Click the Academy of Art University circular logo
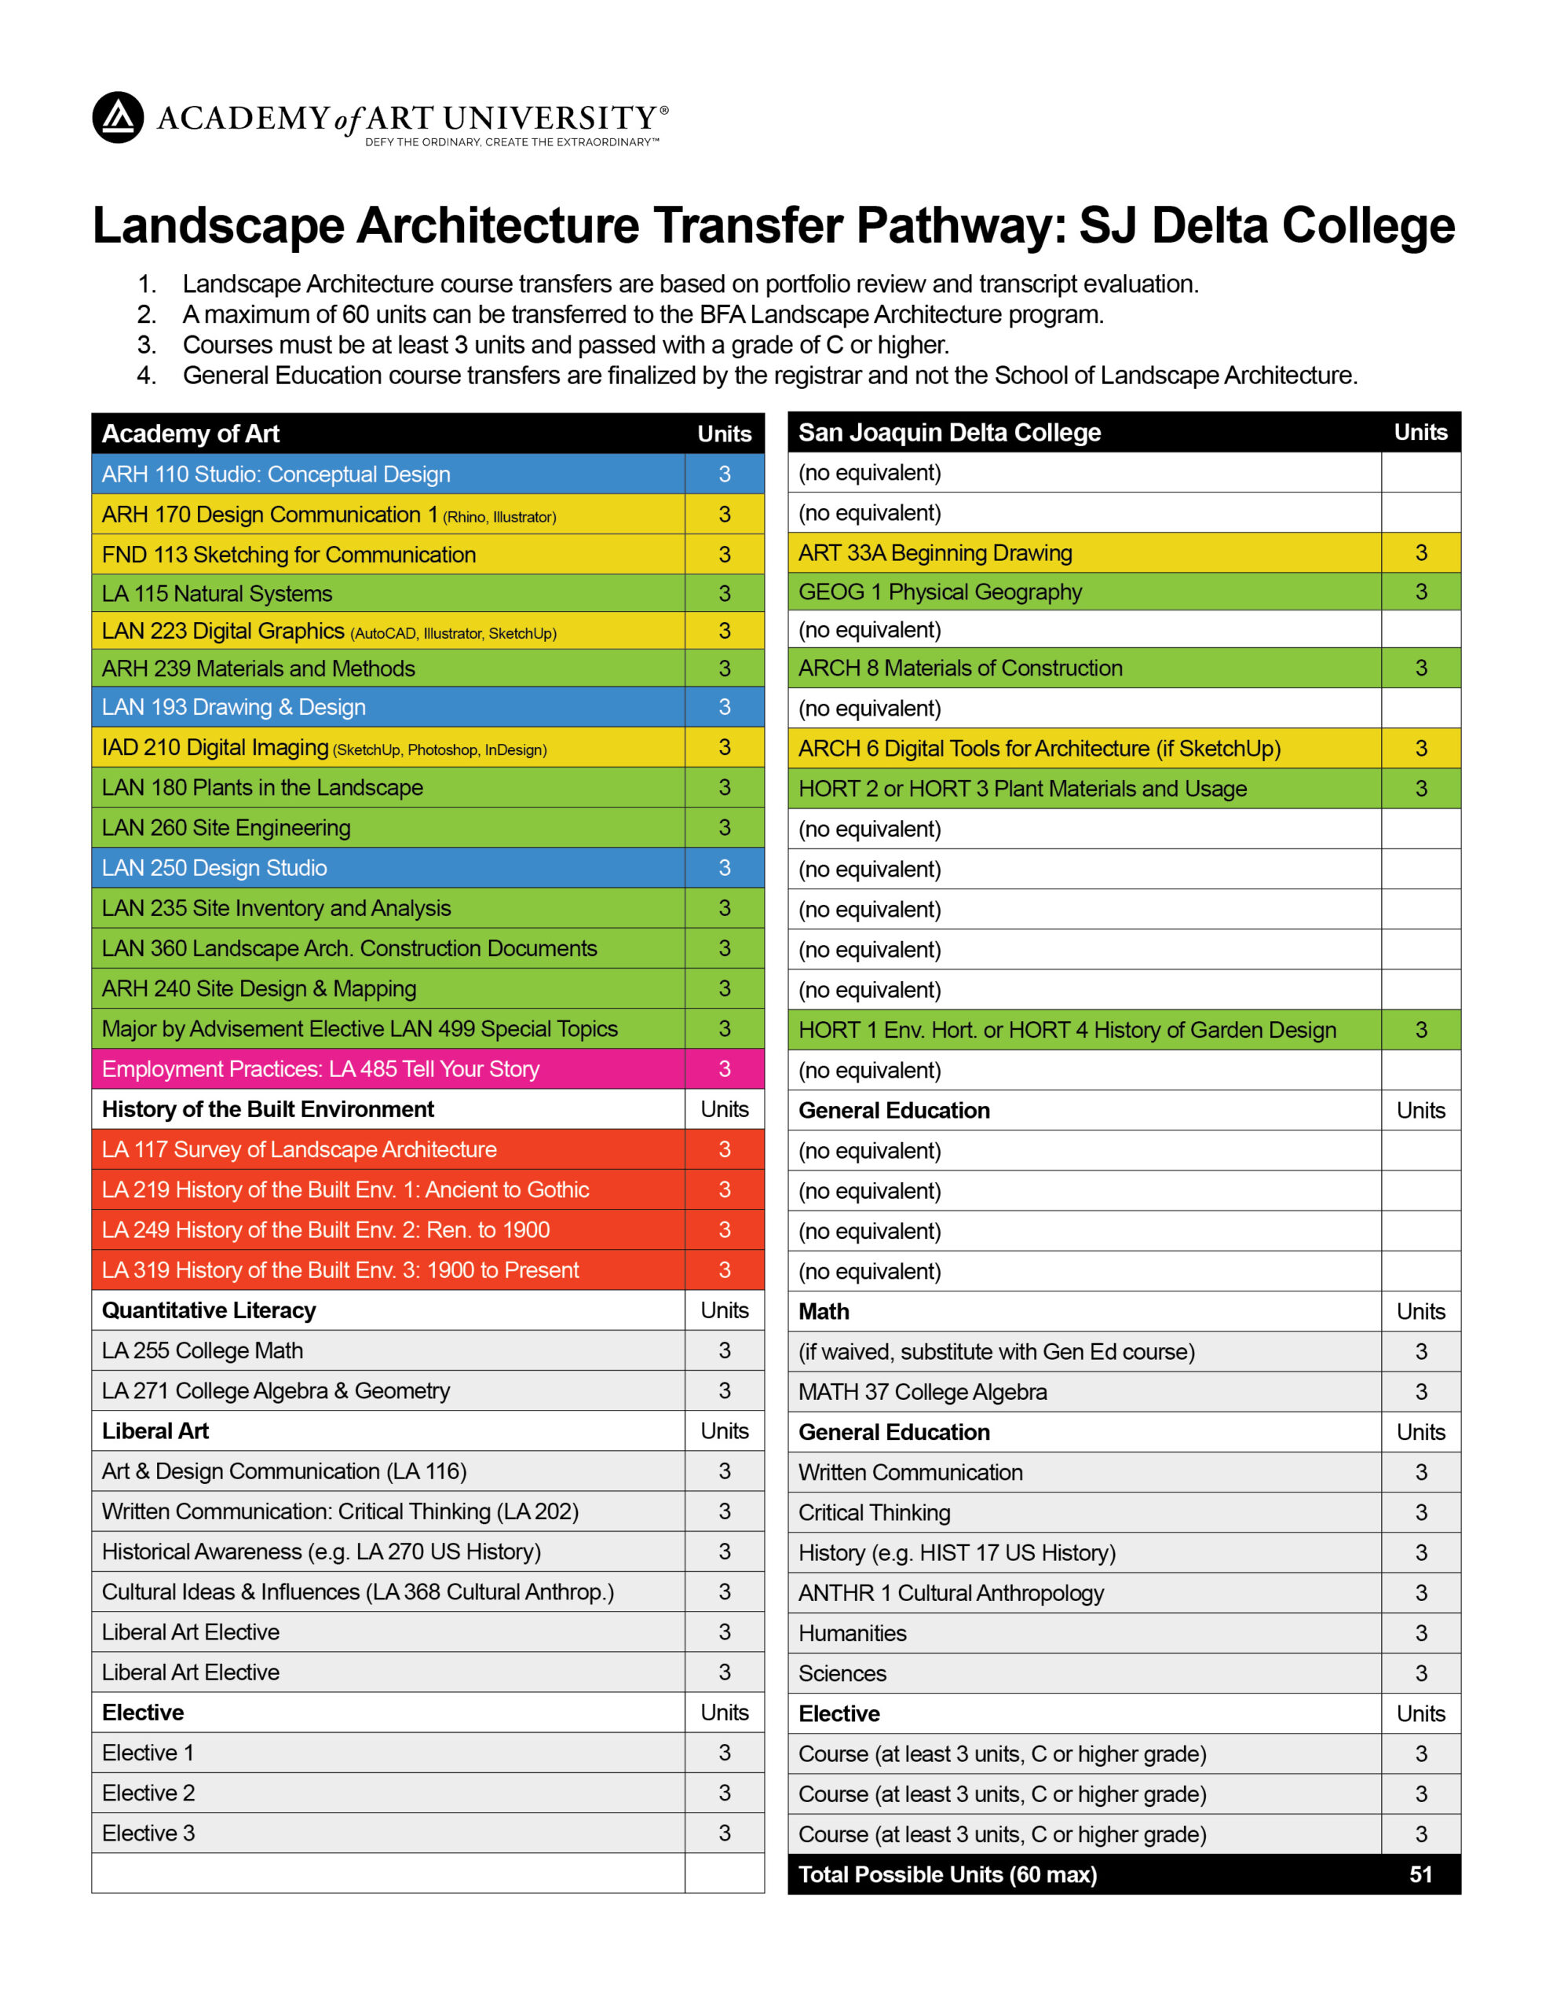tap(118, 117)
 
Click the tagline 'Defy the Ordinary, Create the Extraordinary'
tap(511, 143)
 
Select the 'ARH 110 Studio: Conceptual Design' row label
tap(276, 474)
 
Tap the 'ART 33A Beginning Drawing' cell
tap(934, 552)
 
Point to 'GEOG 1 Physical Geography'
tap(939, 592)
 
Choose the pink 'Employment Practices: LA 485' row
tap(320, 1069)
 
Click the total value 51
tap(1420, 1875)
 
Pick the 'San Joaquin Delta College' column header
tap(949, 433)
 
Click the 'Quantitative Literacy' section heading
tap(209, 1310)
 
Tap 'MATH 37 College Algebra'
tap(923, 1392)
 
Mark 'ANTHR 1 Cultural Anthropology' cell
tap(950, 1593)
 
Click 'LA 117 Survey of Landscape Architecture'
tap(299, 1150)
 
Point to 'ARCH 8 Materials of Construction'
tap(960, 669)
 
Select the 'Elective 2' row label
tap(148, 1793)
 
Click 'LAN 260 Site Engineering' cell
tap(226, 828)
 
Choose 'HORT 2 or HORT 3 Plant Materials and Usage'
tap(1021, 789)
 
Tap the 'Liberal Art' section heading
tap(155, 1431)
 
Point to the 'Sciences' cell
tap(842, 1673)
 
